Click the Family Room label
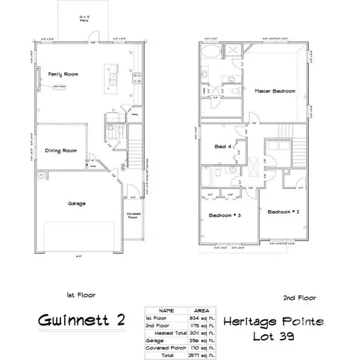click(x=62, y=74)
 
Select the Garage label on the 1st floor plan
click(x=76, y=203)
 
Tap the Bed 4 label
click(x=223, y=146)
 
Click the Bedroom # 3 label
click(x=225, y=216)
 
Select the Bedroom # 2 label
click(x=283, y=212)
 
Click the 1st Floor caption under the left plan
click(x=80, y=295)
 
